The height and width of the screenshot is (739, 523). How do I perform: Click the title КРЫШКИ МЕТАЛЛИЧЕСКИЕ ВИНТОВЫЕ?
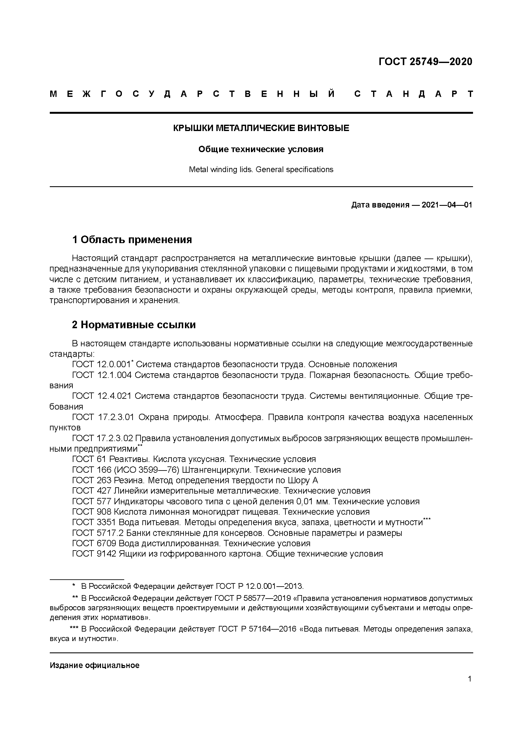pyautogui.click(x=261, y=128)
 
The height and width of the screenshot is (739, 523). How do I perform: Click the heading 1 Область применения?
pyautogui.click(x=132, y=240)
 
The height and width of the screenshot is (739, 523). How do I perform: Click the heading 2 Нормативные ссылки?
pyautogui.click(x=134, y=325)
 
